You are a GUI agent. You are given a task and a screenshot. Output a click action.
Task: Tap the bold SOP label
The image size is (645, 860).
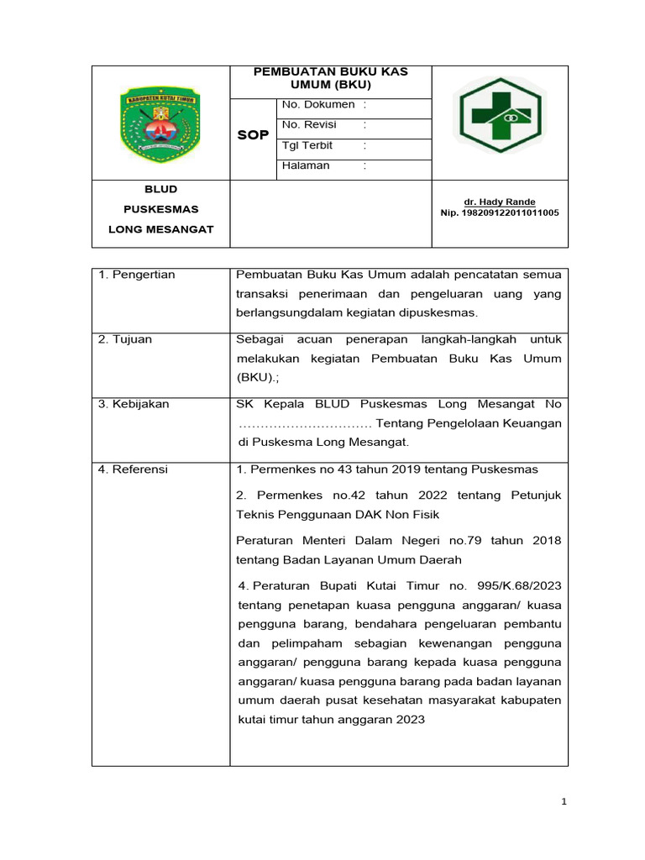[253, 135]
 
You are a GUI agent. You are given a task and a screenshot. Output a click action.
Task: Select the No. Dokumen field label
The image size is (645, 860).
[318, 105]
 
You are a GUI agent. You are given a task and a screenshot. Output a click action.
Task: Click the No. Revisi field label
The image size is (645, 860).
[310, 125]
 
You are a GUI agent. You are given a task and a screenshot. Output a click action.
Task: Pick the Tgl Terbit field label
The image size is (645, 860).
[308, 145]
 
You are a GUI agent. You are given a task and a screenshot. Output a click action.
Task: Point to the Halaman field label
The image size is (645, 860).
[306, 166]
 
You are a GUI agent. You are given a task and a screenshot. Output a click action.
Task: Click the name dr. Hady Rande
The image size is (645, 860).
[500, 202]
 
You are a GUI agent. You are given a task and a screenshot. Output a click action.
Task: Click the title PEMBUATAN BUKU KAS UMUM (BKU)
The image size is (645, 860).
[331, 78]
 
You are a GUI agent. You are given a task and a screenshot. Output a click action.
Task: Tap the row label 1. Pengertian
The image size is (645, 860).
[137, 275]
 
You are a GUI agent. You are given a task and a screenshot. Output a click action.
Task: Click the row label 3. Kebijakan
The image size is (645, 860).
[134, 404]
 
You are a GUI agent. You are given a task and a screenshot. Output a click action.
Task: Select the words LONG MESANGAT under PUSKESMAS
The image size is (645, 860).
[160, 229]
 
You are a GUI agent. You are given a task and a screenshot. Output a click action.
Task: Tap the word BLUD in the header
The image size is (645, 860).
[160, 190]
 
